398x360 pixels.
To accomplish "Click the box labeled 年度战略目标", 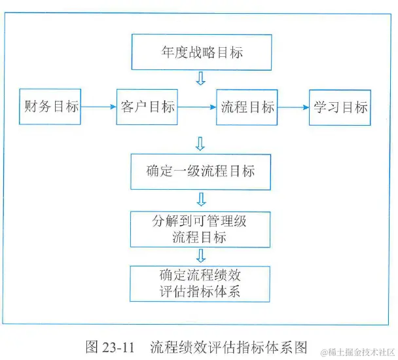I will tap(201, 52).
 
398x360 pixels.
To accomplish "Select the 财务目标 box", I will tap(50, 106).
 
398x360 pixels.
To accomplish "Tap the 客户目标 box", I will tap(147, 106).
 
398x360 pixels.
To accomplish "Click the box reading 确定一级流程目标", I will tap(200, 172).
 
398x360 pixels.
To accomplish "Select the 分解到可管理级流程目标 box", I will tap(200, 228).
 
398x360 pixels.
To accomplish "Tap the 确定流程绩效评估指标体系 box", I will tap(200, 282).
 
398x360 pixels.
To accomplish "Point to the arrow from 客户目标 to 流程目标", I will tap(197, 107).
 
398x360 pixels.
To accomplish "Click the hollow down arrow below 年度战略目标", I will tap(201, 79).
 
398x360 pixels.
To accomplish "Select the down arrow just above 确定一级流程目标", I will tap(201, 143).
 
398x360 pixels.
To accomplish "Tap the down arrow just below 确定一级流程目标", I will tap(201, 199).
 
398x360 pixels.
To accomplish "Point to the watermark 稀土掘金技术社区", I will tap(353, 350).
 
